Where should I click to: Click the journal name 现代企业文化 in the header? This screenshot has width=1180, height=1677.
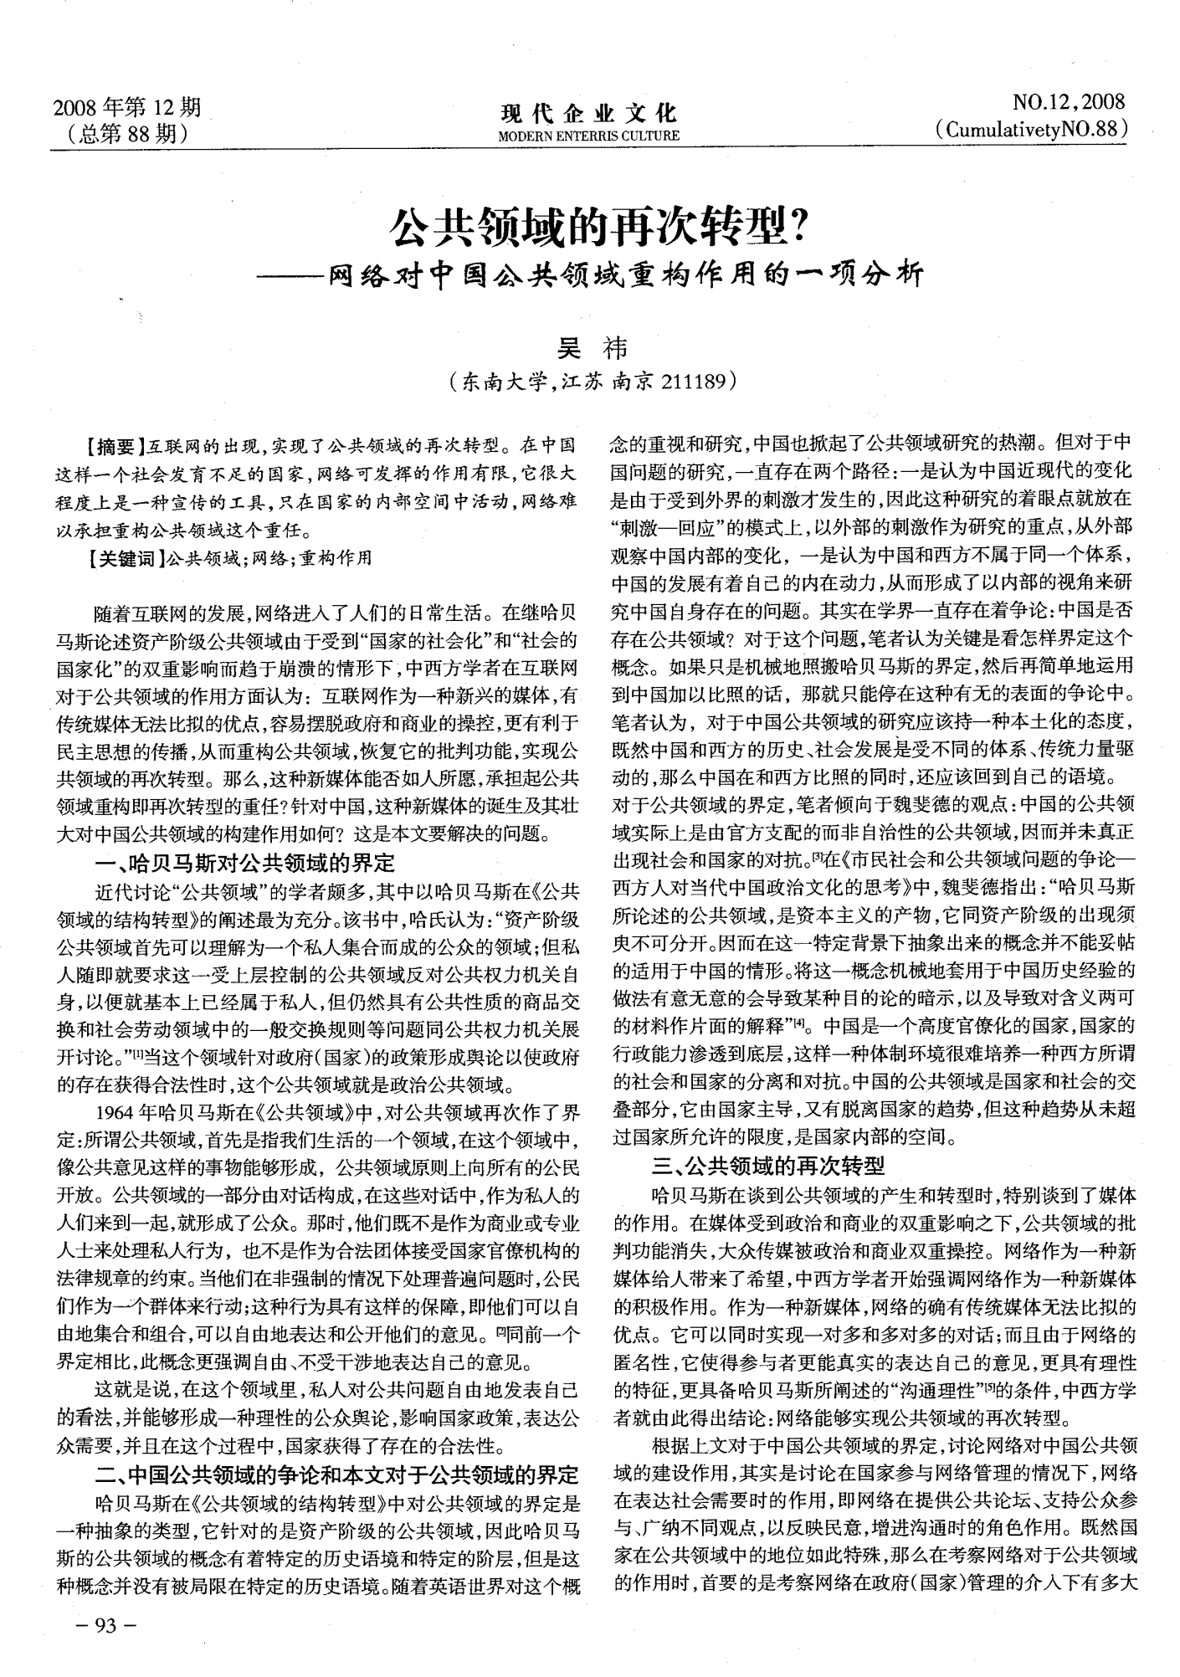(588, 114)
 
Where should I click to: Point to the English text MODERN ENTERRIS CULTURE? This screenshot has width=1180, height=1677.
(588, 136)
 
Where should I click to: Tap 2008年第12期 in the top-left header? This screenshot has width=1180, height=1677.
(127, 107)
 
